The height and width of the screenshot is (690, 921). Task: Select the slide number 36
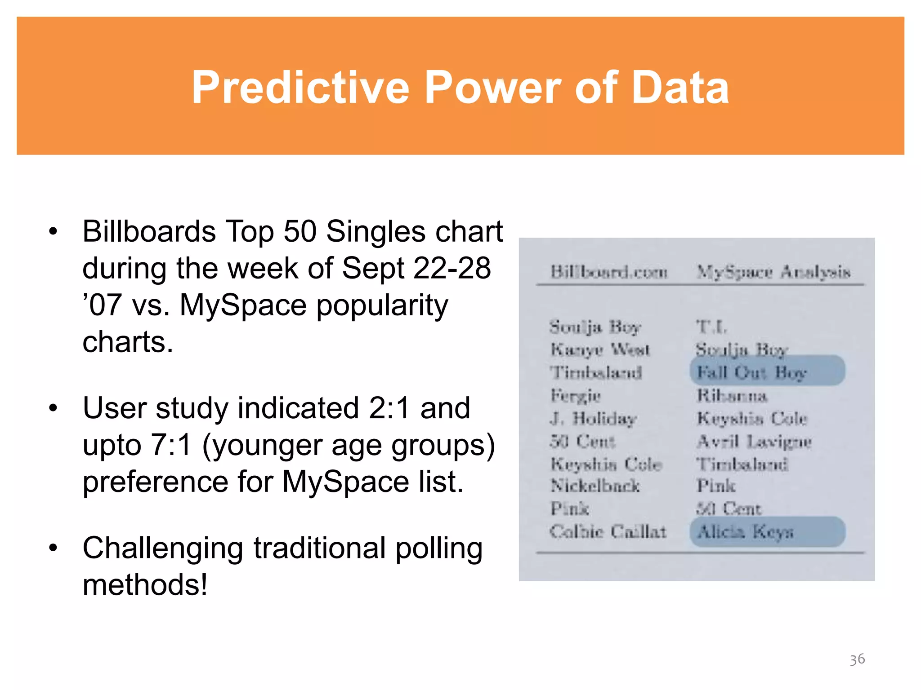click(x=857, y=659)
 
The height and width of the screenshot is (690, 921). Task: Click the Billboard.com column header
click(x=609, y=272)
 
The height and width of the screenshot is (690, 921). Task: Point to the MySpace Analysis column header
click(x=773, y=272)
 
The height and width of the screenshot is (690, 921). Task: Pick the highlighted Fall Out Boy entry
click(x=752, y=372)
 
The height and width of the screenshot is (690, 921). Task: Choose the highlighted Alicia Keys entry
click(x=746, y=532)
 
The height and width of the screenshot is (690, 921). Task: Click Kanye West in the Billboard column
click(x=600, y=349)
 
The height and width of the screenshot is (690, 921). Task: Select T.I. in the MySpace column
click(x=711, y=327)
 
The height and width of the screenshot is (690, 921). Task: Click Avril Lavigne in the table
click(x=754, y=442)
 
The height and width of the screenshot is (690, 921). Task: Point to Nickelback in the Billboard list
click(x=595, y=486)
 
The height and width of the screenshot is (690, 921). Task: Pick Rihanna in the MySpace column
click(x=732, y=396)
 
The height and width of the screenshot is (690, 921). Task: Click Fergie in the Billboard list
click(x=576, y=396)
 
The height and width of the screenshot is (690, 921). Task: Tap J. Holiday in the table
click(x=593, y=419)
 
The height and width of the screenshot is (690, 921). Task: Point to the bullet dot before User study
click(x=54, y=408)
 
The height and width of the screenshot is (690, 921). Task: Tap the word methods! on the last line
click(x=145, y=585)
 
